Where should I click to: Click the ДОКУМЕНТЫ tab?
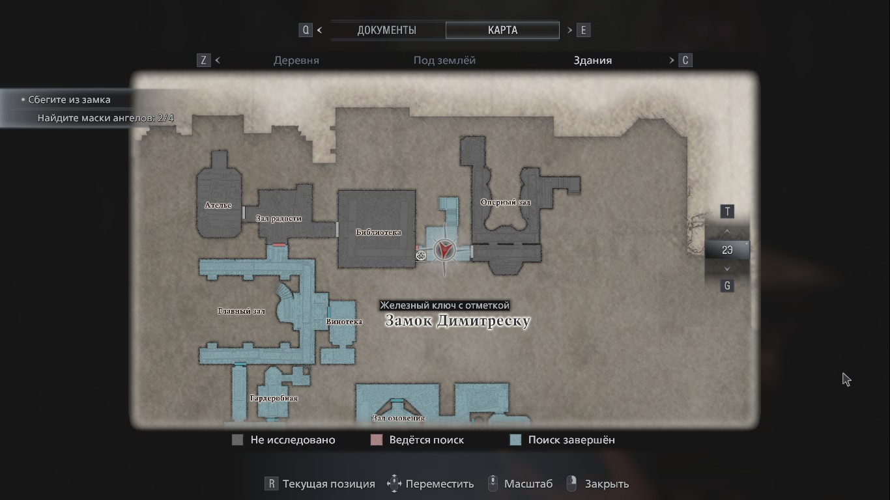(386, 30)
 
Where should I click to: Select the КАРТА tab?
(502, 30)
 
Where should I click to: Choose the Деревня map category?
(296, 61)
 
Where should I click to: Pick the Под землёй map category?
(444, 61)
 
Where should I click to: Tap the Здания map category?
(592, 61)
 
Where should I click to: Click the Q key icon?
(306, 30)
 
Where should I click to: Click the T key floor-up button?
(727, 212)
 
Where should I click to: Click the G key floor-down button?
(727, 285)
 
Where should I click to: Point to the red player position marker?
(445, 248)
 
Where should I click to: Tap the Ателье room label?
(218, 205)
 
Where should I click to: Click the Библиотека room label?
(378, 232)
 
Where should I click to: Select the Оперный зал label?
(505, 202)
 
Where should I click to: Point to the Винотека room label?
(344, 322)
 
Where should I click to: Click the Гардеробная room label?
(274, 398)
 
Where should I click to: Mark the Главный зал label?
(241, 311)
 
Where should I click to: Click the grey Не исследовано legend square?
(238, 440)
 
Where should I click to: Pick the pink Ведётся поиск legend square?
(376, 440)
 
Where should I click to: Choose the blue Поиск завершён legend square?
(515, 440)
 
